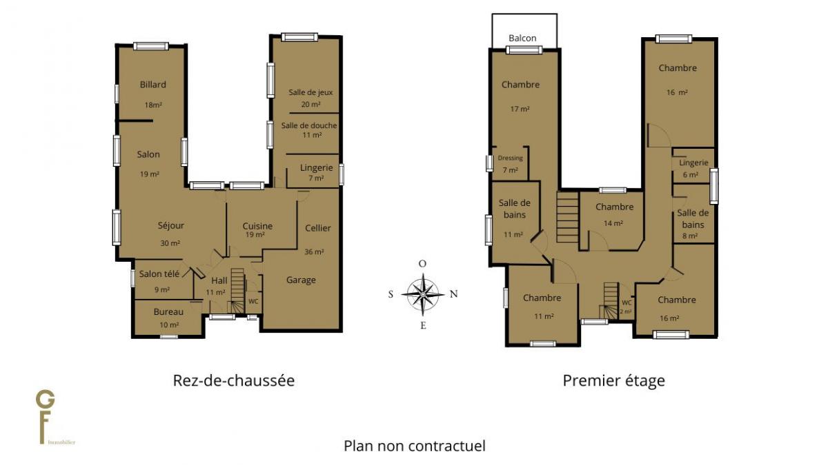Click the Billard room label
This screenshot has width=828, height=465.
[x=152, y=85]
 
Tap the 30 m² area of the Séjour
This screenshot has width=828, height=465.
[x=170, y=243]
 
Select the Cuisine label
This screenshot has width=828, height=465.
[x=257, y=226]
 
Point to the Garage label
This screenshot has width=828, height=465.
[x=301, y=280]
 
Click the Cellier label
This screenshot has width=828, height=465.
[x=318, y=228]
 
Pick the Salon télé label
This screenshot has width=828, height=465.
[x=159, y=274]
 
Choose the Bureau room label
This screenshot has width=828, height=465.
[x=168, y=312]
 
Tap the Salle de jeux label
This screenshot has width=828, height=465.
[x=310, y=92]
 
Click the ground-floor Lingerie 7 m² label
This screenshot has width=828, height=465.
[x=317, y=172]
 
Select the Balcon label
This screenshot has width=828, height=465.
[x=522, y=38]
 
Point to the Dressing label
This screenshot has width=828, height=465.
[x=510, y=158]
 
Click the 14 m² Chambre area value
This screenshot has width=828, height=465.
[x=613, y=223]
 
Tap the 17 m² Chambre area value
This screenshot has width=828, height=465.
[x=520, y=109]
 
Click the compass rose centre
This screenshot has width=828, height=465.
[x=423, y=294]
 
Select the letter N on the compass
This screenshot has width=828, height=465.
[x=453, y=293]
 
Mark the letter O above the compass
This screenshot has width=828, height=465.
[x=422, y=263]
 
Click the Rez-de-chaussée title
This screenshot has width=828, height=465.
[x=234, y=380]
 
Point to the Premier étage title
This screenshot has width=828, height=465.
[x=613, y=380]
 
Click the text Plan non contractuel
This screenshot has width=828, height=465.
[x=415, y=446]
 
